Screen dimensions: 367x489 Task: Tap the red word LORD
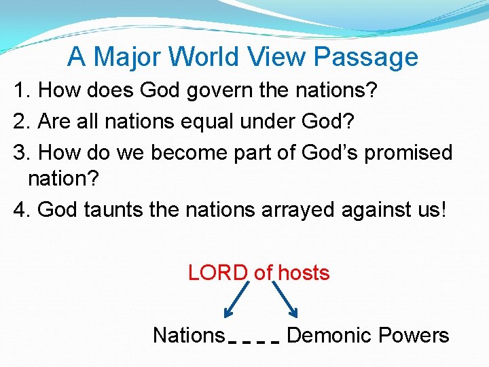[218, 273]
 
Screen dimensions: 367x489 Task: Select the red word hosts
[304, 273]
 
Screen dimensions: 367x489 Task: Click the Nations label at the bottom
[188, 335]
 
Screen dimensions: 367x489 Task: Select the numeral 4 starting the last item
[19, 209]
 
